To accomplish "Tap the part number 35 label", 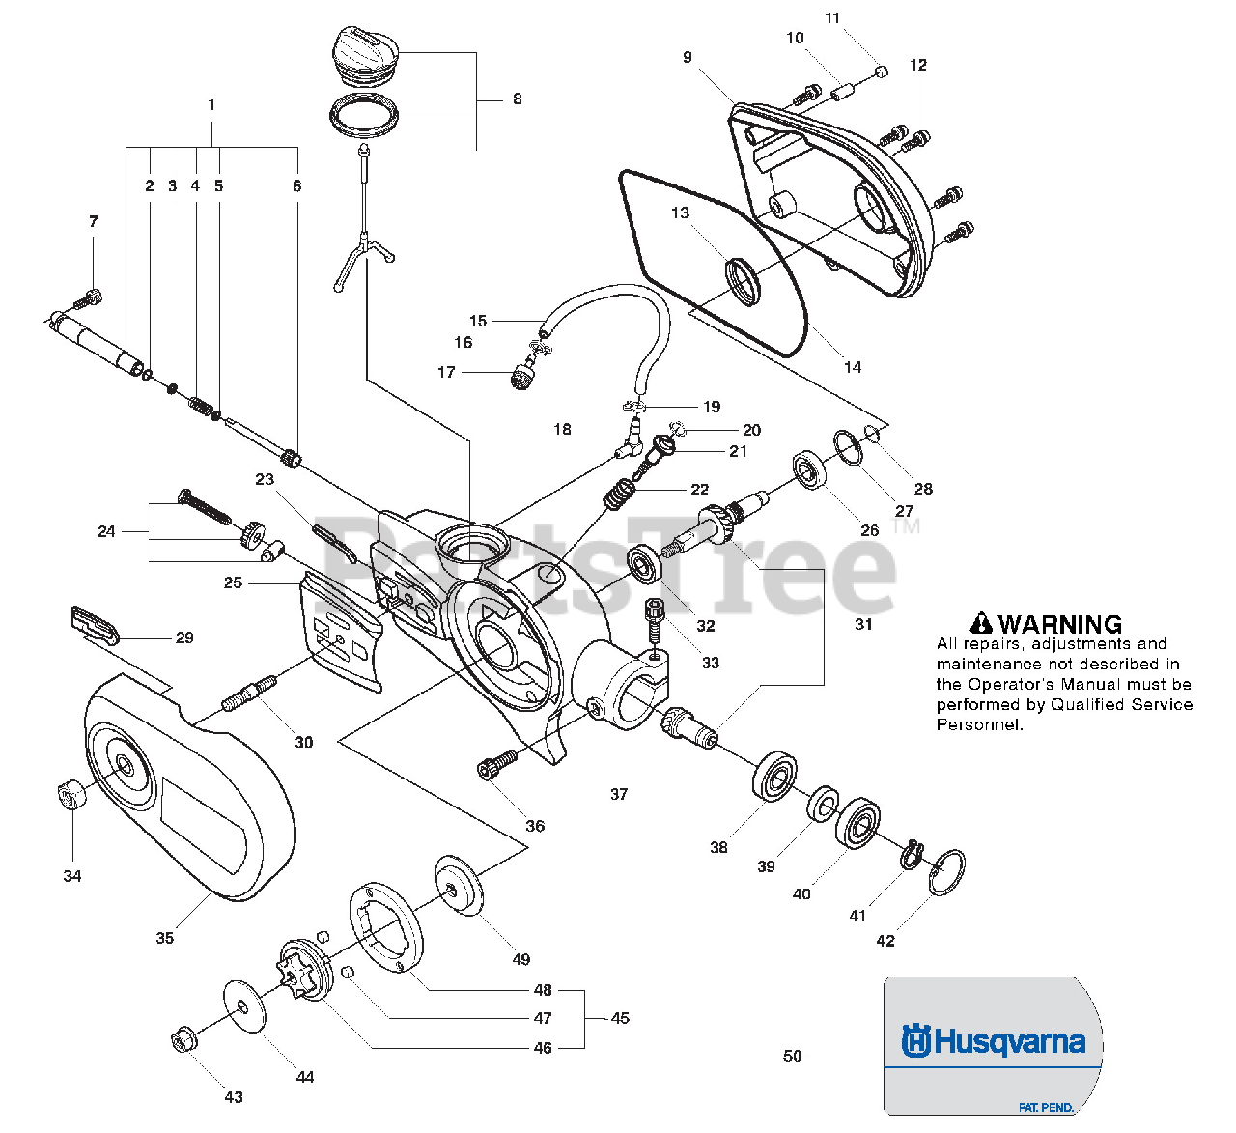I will point(165,938).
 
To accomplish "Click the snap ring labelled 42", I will point(946,873).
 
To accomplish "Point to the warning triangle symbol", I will point(981,623).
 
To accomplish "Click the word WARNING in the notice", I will point(1060,624).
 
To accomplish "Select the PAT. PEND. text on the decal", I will point(1046,1107).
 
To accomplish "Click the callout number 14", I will point(853,367).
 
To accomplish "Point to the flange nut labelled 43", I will point(182,1041).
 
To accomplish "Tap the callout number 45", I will point(620,1018).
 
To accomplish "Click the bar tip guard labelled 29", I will point(94,626).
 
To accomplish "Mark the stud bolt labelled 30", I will point(248,694).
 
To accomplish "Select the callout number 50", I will point(792,1056).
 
